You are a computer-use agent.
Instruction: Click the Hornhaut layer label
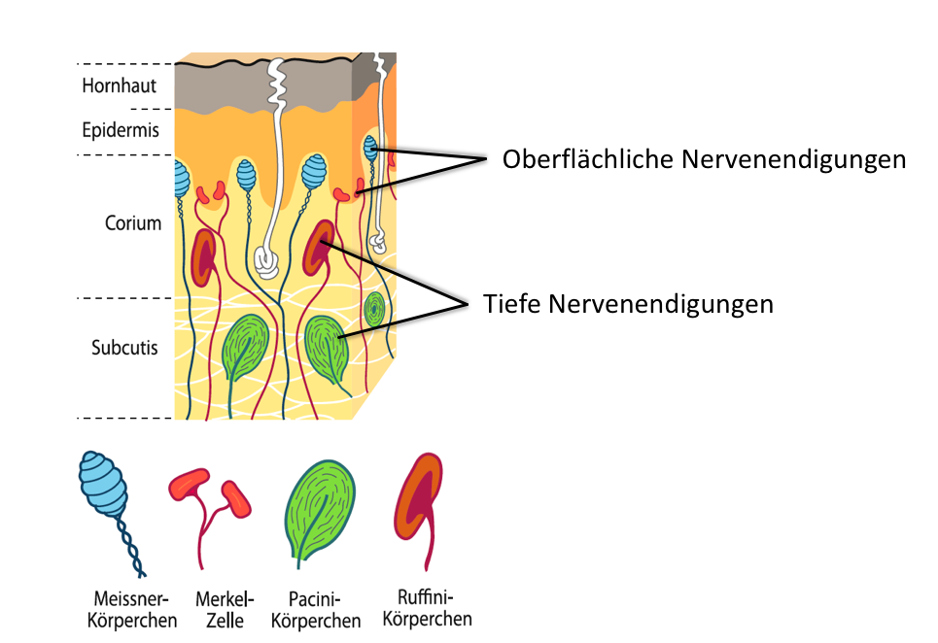[119, 85]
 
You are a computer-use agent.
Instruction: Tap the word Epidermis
[121, 130]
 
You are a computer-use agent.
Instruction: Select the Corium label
[133, 222]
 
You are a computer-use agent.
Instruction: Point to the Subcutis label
[124, 347]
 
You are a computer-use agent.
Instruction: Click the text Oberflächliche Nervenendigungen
[704, 159]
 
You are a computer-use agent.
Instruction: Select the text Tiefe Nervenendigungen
[628, 304]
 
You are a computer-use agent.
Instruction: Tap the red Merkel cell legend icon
[210, 517]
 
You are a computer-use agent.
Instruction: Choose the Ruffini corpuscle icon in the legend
[418, 509]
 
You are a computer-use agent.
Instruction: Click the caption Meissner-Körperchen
[131, 609]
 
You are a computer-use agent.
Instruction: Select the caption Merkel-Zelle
[225, 609]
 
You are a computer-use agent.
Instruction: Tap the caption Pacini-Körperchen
[315, 610]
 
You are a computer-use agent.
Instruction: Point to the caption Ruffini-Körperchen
[427, 607]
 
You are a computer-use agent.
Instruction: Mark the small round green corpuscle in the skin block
[374, 309]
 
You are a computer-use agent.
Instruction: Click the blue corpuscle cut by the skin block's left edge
[181, 178]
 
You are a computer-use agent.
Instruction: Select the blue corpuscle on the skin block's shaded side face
[371, 149]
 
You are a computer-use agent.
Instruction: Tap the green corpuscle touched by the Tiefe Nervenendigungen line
[326, 349]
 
